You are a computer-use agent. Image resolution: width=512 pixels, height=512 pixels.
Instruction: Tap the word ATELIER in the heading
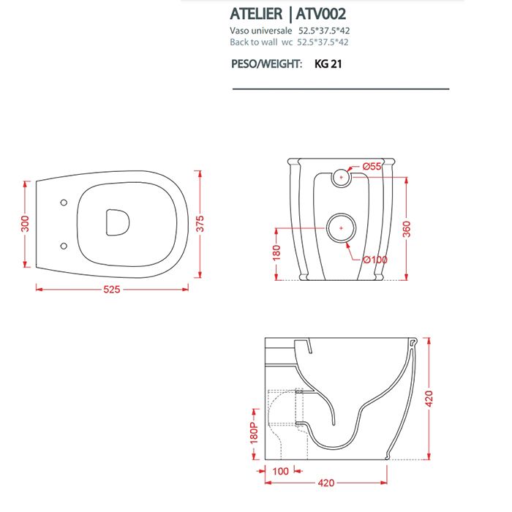point(258,15)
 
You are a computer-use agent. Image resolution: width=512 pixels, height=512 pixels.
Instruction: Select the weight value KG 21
point(328,64)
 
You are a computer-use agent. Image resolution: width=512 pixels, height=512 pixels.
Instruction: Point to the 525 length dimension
point(112,289)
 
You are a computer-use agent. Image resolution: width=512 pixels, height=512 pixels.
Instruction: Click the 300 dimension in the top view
point(25,222)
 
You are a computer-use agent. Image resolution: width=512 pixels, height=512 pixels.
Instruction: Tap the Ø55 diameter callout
point(372,167)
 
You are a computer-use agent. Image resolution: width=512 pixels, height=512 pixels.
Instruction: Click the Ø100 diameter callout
point(374,258)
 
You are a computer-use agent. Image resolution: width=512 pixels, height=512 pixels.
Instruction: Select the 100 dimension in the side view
point(280,472)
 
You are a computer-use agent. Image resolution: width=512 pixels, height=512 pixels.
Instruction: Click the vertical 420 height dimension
point(431,399)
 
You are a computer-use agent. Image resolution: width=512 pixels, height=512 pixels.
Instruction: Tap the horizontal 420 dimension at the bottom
point(327,483)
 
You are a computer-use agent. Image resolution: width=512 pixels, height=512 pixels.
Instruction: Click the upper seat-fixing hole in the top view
point(62,201)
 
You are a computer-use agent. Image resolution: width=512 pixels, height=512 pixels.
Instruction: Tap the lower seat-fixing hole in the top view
point(62,245)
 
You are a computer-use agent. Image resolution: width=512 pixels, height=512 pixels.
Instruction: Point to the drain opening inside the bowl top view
point(117,223)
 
